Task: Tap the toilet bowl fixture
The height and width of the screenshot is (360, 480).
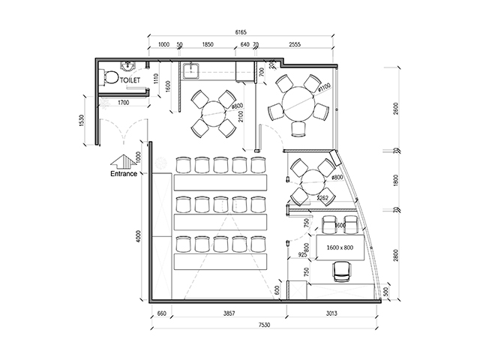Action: (111, 76)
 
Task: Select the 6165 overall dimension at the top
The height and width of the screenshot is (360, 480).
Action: (241, 33)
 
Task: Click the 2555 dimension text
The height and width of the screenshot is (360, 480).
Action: (295, 46)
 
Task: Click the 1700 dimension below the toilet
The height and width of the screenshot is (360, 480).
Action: (124, 101)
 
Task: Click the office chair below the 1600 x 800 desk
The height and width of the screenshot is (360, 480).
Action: (342, 271)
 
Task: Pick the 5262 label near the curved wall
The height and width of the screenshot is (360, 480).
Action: (322, 199)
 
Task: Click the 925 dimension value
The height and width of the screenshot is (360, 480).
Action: (301, 256)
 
